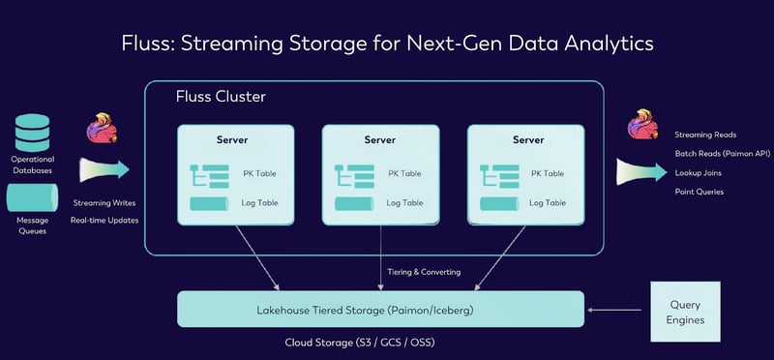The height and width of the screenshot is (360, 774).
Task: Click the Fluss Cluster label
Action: tap(221, 97)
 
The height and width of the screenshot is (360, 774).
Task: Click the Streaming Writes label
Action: tap(105, 203)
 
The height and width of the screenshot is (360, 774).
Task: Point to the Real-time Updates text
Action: tap(105, 220)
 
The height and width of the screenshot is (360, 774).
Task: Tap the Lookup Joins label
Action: tap(699, 172)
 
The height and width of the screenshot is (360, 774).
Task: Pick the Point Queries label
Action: tap(700, 192)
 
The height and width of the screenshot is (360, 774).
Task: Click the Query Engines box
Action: tap(686, 310)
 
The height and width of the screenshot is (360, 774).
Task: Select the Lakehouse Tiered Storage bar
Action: tap(381, 309)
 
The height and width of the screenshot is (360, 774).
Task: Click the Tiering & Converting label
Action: tap(425, 272)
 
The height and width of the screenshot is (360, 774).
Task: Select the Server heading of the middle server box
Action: tap(380, 140)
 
